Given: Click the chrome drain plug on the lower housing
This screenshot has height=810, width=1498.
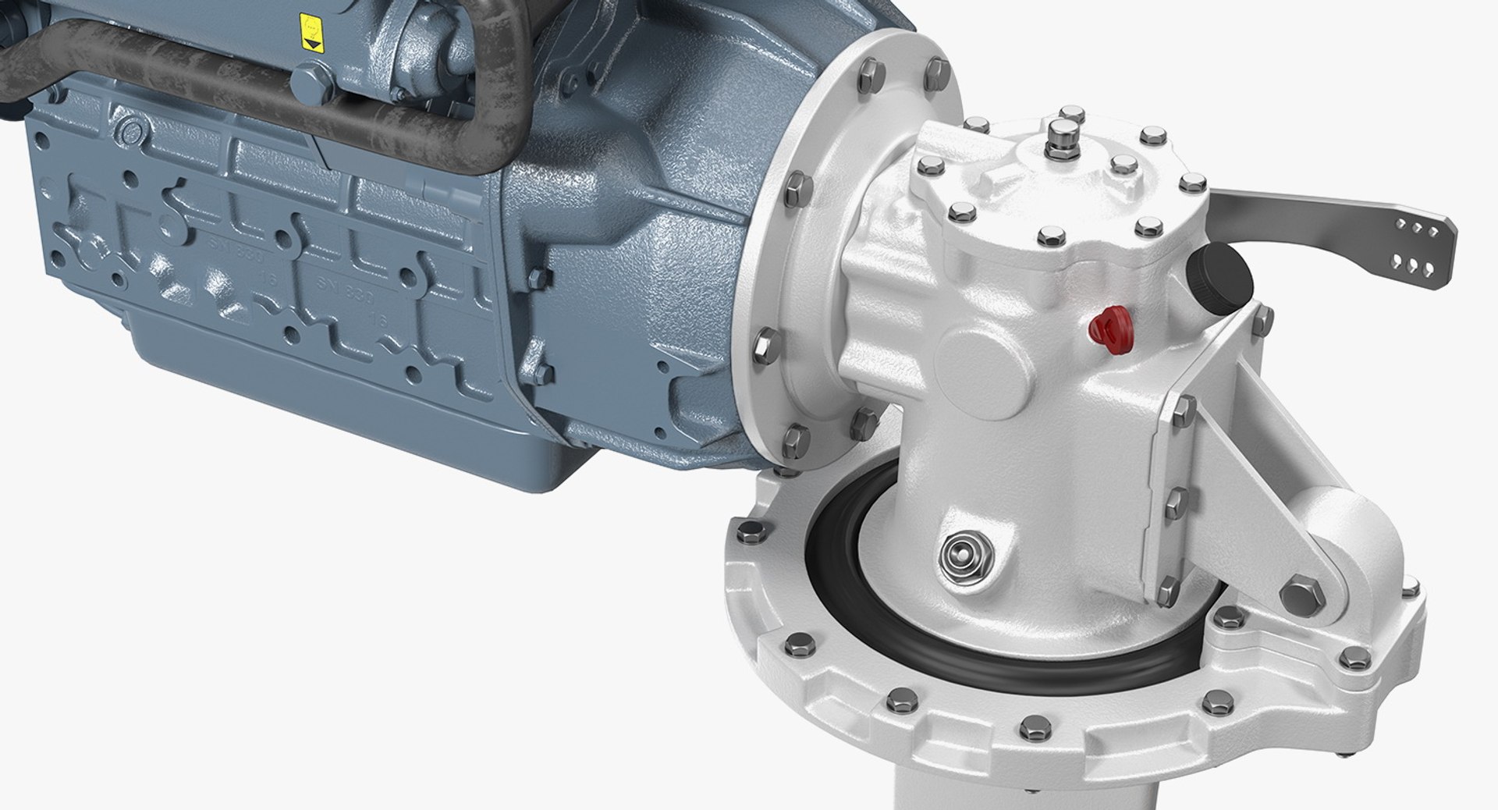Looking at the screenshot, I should tap(964, 556).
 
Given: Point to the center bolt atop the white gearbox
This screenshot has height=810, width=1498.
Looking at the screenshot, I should tap(1061, 135).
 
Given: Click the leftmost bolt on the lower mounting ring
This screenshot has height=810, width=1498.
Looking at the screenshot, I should tap(747, 534).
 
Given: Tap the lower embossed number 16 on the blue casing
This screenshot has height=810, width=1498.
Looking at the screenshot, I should tap(380, 318).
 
